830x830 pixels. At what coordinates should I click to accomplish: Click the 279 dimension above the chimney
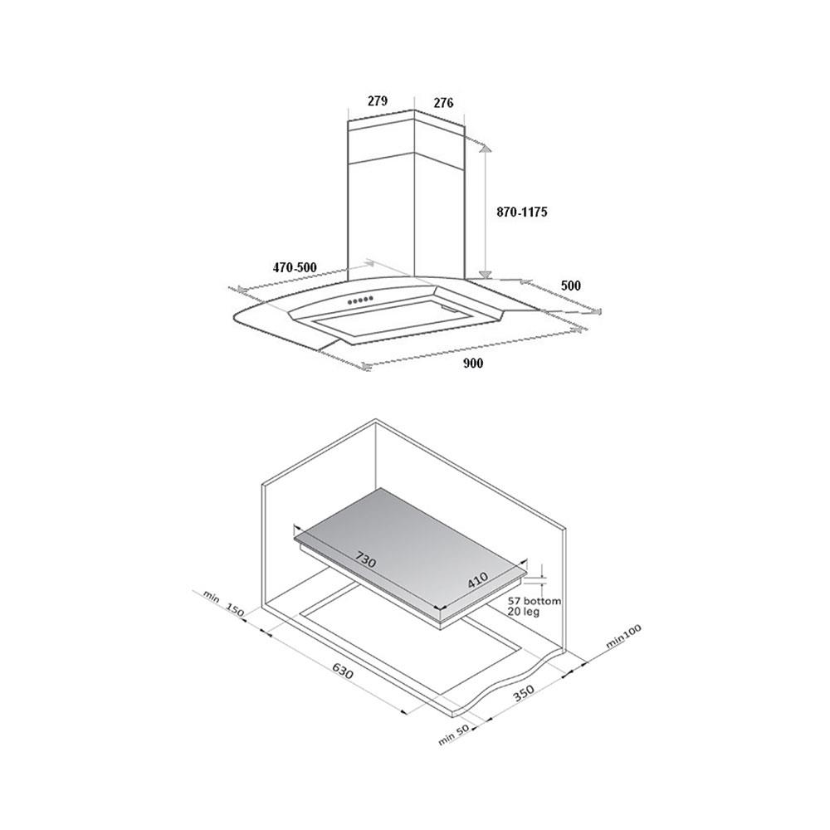pos(378,101)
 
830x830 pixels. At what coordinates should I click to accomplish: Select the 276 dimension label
pos(443,103)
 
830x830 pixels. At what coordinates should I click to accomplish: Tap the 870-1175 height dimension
pos(521,212)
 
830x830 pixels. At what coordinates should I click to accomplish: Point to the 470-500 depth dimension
pos(295,268)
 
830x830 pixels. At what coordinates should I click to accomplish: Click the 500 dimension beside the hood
pos(571,286)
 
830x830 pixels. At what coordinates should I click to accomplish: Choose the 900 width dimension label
pos(473,364)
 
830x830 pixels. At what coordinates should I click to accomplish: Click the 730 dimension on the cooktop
pos(365,559)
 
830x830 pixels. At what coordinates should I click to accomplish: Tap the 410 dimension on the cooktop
pos(477,582)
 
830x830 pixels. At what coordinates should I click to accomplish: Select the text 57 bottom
pos(534,601)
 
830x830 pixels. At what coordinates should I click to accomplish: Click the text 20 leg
pos(524,612)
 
